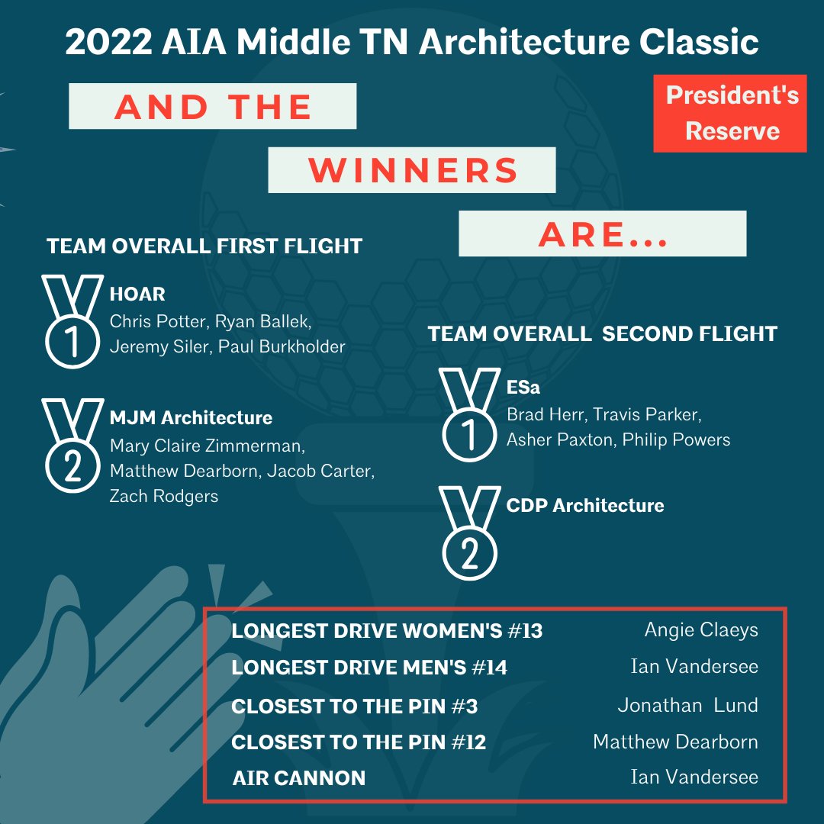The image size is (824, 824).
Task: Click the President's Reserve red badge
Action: tap(730, 114)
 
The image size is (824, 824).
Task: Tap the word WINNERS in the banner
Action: tap(413, 170)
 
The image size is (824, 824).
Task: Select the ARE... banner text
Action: tap(603, 234)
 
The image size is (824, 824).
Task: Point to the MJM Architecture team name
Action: tap(191, 418)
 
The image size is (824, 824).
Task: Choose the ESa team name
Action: tap(523, 388)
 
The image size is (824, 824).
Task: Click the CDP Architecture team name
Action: tap(585, 506)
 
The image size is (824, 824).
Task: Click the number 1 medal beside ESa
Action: tap(469, 416)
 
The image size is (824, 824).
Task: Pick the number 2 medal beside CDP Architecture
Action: tap(469, 534)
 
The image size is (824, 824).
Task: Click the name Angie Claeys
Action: tap(701, 630)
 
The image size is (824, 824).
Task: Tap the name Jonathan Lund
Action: tap(687, 705)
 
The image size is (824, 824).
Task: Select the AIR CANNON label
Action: tap(298, 778)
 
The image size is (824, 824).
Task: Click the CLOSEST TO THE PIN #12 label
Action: tap(359, 742)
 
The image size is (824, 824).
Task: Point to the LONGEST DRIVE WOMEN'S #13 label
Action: tap(387, 632)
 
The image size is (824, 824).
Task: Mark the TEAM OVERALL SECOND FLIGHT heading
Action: tap(602, 334)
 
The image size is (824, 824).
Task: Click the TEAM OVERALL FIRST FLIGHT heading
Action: tap(204, 246)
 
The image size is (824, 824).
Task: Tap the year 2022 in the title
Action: tap(108, 43)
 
